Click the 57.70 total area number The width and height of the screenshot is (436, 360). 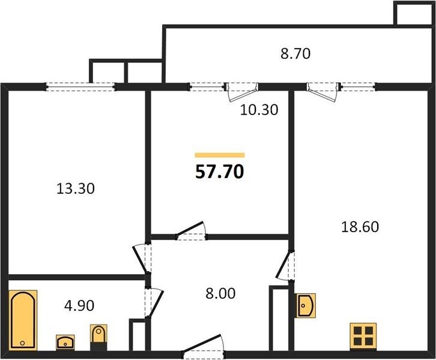pyautogui.click(x=220, y=172)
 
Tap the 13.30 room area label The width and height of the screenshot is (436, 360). pyautogui.click(x=76, y=188)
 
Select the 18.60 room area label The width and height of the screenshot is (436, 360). pyautogui.click(x=360, y=227)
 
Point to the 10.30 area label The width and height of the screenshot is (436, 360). pyautogui.click(x=259, y=110)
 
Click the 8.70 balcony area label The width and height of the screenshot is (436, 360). pyautogui.click(x=295, y=53)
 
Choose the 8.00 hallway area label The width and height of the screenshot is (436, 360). pyautogui.click(x=220, y=293)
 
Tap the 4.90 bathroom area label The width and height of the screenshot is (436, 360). pyautogui.click(x=79, y=306)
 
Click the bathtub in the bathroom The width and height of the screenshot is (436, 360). pyautogui.click(x=23, y=320)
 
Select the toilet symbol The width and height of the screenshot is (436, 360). pyautogui.click(x=98, y=337)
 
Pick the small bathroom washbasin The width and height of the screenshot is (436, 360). pyautogui.click(x=65, y=342)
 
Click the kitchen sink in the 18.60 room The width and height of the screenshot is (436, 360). pyautogui.click(x=305, y=305)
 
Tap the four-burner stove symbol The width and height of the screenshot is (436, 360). pyautogui.click(x=363, y=336)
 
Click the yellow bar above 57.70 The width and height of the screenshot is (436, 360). pyautogui.click(x=220, y=155)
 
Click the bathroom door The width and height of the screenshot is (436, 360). pyautogui.click(x=153, y=303)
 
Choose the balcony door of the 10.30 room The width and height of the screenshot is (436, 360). pyautogui.click(x=241, y=92)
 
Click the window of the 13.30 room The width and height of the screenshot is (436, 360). pyautogui.click(x=80, y=86)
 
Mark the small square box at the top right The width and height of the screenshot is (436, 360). pyautogui.click(x=414, y=14)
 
